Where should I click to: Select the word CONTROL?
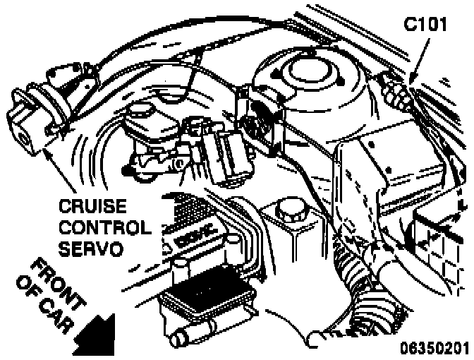pos(104,228)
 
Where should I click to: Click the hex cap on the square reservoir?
pos(289,210)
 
